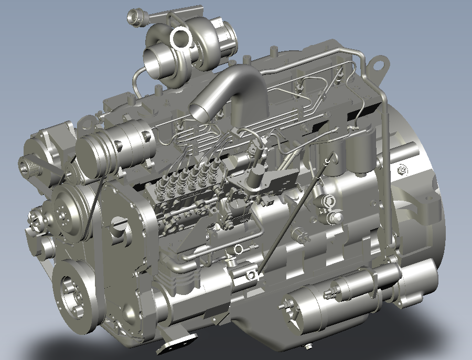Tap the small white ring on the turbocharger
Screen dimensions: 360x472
click(x=181, y=38)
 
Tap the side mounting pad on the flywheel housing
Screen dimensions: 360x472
click(x=427, y=204)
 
